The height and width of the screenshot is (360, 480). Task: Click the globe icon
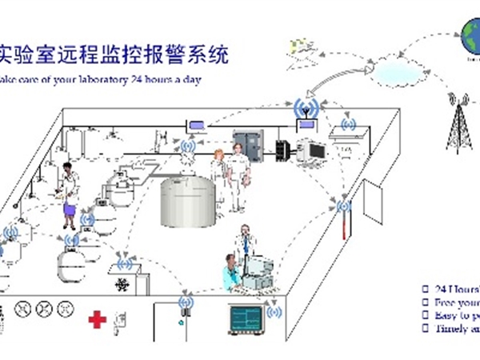click(x=468, y=33)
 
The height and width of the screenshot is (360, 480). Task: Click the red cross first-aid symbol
click(x=97, y=319)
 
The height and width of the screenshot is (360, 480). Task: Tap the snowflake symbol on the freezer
click(x=122, y=284)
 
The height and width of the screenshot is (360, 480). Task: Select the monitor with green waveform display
click(x=249, y=320)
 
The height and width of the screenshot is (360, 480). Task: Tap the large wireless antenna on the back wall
click(x=304, y=109)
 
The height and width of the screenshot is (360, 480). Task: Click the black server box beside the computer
click(x=282, y=148)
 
